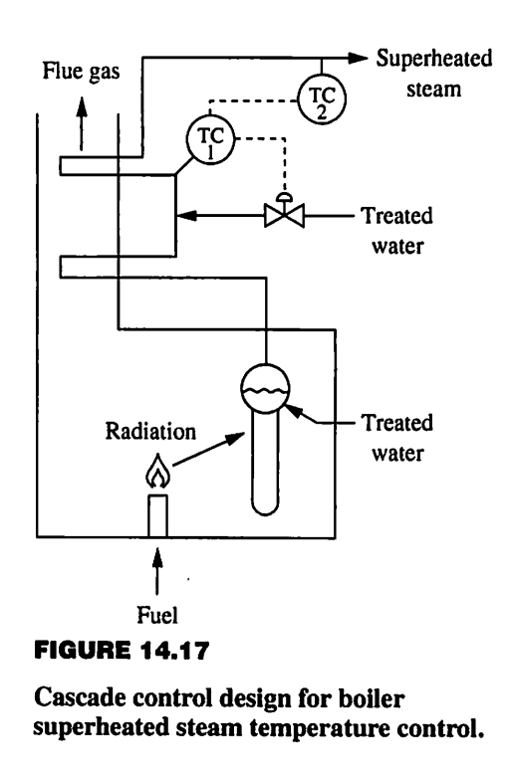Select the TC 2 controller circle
[320, 97]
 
